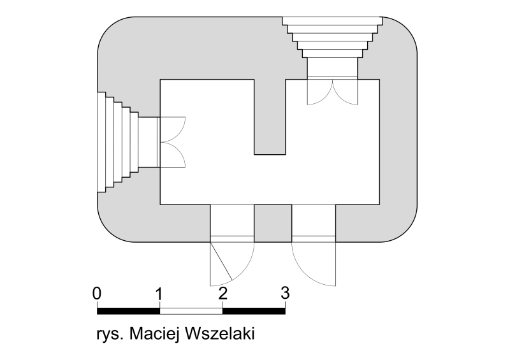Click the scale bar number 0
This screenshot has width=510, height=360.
pos(97,293)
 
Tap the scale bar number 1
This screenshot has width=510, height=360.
pos(158,293)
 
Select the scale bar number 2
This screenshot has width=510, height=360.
pos(222,293)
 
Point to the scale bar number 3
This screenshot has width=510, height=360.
pos(285,293)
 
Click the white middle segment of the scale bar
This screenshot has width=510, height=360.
pos(191,311)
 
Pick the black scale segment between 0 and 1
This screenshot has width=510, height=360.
pos(129,311)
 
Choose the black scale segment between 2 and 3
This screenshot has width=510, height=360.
pos(254,311)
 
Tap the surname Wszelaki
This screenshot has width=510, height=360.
pos(219,334)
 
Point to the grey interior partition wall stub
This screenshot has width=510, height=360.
pos(270,117)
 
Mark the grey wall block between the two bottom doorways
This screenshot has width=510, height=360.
pos(273,224)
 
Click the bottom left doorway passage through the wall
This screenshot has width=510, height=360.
pos(232,224)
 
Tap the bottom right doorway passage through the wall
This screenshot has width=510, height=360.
pos(314,224)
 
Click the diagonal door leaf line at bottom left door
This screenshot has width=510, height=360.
pos(221,261)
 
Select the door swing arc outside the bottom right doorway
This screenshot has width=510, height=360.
pos(307,273)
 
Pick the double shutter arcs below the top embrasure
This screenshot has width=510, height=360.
pos(332,92)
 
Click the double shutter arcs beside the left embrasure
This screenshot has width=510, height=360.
pos(173,142)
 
